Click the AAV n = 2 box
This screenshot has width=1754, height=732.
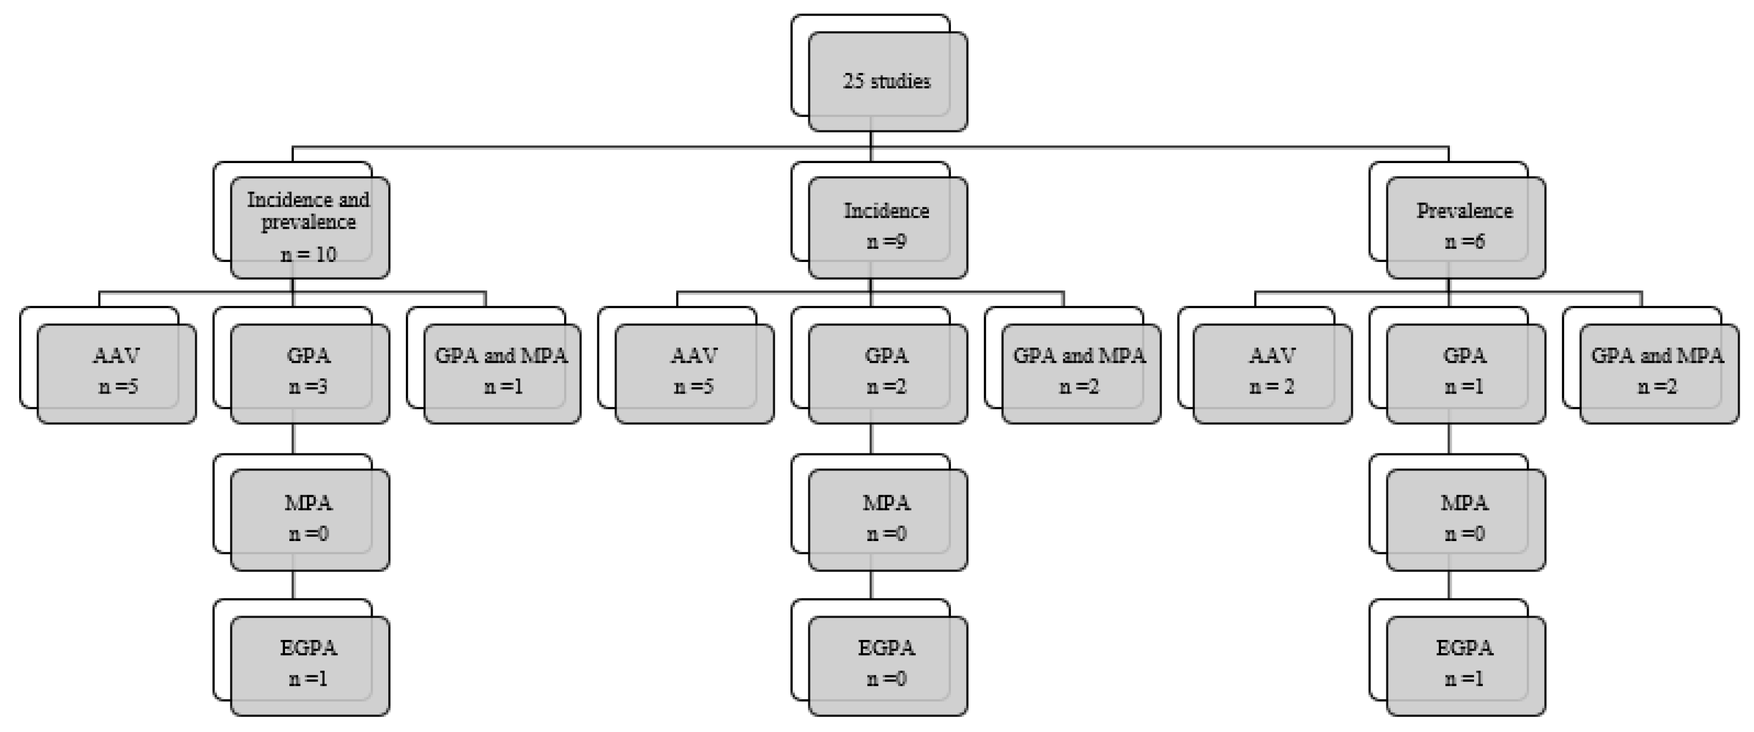[x=1272, y=373]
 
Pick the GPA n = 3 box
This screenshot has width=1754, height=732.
[x=310, y=373]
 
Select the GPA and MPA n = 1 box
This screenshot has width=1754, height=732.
[x=502, y=373]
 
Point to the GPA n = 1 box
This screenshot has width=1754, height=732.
[x=1465, y=373]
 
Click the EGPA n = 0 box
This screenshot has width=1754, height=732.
[x=887, y=665]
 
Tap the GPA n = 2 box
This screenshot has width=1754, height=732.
[x=887, y=373]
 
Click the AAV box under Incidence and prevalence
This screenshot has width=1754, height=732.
[x=117, y=373]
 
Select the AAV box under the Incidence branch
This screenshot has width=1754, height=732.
[x=694, y=373]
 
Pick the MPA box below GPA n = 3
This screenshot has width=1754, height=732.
[x=310, y=519]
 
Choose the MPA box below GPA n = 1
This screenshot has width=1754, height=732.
[x=1465, y=519]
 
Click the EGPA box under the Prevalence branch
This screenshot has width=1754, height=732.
[x=1465, y=665]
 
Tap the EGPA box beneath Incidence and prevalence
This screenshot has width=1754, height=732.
[x=310, y=665]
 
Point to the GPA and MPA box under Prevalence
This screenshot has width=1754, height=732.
[x=1659, y=373]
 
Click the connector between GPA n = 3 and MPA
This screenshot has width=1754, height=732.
[x=293, y=439]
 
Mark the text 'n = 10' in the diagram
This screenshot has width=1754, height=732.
[x=308, y=255]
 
